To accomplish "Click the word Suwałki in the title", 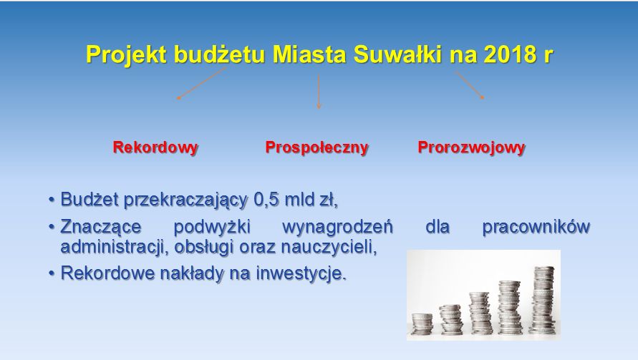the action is click(397, 54).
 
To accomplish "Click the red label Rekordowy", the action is click(155, 147).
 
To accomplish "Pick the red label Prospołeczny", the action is click(316, 147).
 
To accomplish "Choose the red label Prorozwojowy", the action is click(471, 147).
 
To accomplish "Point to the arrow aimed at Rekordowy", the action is click(201, 83).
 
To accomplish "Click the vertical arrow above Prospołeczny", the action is click(319, 91).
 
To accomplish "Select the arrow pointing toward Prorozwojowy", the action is click(469, 84).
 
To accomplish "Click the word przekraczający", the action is click(185, 200).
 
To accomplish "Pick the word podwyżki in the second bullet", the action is click(211, 227).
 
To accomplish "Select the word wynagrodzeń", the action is click(337, 227).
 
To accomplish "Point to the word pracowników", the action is click(536, 227).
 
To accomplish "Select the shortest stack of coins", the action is click(422, 323).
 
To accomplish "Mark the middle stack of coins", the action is click(481, 313).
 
